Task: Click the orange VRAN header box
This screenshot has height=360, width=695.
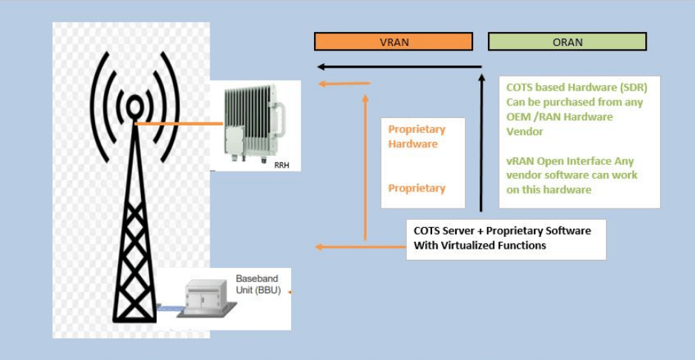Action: (394, 42)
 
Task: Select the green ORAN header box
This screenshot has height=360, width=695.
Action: (567, 42)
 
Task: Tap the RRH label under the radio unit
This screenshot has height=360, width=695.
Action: (281, 165)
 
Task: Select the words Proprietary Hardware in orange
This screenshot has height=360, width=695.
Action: (417, 137)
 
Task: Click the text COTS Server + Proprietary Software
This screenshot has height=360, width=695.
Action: (502, 231)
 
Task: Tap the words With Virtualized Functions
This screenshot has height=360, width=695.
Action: (480, 246)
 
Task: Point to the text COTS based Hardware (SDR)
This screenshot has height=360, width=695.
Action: (578, 88)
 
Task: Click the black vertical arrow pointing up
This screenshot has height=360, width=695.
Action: (481, 141)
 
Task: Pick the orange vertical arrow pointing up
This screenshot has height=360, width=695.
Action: (365, 167)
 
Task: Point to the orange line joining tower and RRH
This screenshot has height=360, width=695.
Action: (178, 124)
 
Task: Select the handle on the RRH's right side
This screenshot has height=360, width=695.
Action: (280, 119)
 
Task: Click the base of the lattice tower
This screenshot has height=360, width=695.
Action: (134, 315)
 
